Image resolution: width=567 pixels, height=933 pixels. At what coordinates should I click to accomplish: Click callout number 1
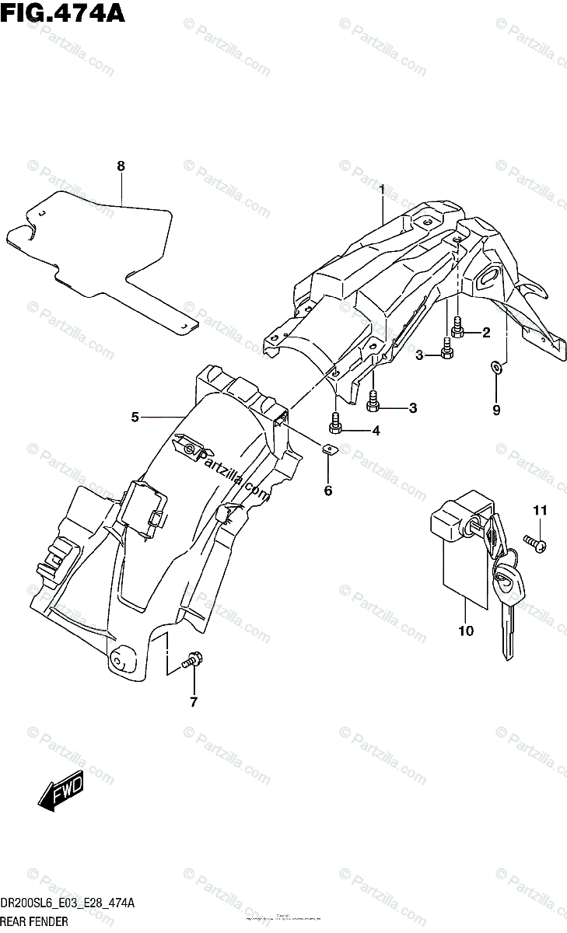point(382,189)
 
